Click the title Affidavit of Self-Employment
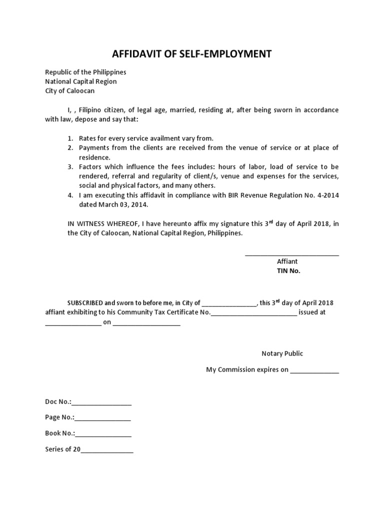tap(191, 54)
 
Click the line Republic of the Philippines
tap(85, 72)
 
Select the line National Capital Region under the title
tap(80, 81)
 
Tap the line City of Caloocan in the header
tap(69, 91)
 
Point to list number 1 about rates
tap(70, 138)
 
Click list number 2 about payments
tap(70, 147)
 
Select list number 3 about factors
tap(70, 166)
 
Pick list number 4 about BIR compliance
tap(70, 195)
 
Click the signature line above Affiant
tap(291, 255)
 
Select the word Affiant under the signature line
tap(287, 261)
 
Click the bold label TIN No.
tap(289, 271)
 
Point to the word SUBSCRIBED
tap(85, 303)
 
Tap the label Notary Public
tap(282, 353)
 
